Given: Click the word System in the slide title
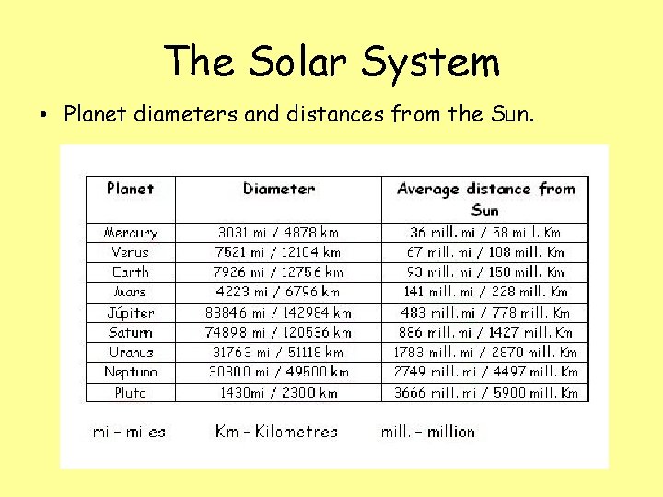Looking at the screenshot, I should [x=431, y=63].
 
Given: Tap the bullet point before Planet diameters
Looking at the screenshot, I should [x=42, y=116].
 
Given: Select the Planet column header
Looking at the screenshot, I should [x=130, y=189].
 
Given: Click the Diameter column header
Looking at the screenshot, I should [x=278, y=189].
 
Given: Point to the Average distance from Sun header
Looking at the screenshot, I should [x=485, y=199].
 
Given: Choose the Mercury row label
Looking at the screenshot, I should [x=130, y=233].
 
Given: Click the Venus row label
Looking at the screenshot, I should [x=130, y=252].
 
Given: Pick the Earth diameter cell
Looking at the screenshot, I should [x=278, y=272].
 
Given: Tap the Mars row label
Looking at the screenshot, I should [x=130, y=292].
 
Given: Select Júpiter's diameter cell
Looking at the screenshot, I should [x=278, y=313].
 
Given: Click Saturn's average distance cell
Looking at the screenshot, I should [x=485, y=332].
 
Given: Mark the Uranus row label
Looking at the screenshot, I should [x=130, y=353].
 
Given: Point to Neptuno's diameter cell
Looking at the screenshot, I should [x=278, y=373].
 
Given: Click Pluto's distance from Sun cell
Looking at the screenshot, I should [x=485, y=393].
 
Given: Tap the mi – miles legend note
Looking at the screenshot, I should [x=130, y=432].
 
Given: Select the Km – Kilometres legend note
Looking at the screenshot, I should [x=276, y=432].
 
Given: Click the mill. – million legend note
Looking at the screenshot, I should [x=428, y=432].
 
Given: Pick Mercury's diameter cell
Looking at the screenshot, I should [x=278, y=233].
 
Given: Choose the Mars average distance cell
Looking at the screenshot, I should [x=485, y=292].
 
